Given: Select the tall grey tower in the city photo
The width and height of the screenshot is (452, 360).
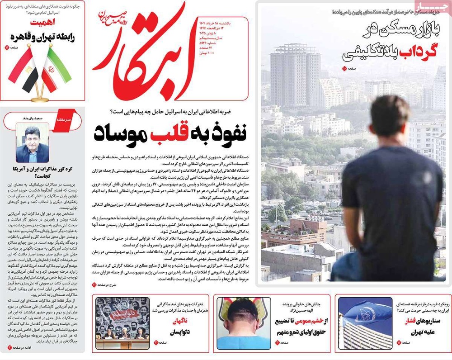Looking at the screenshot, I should tap(294, 75).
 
